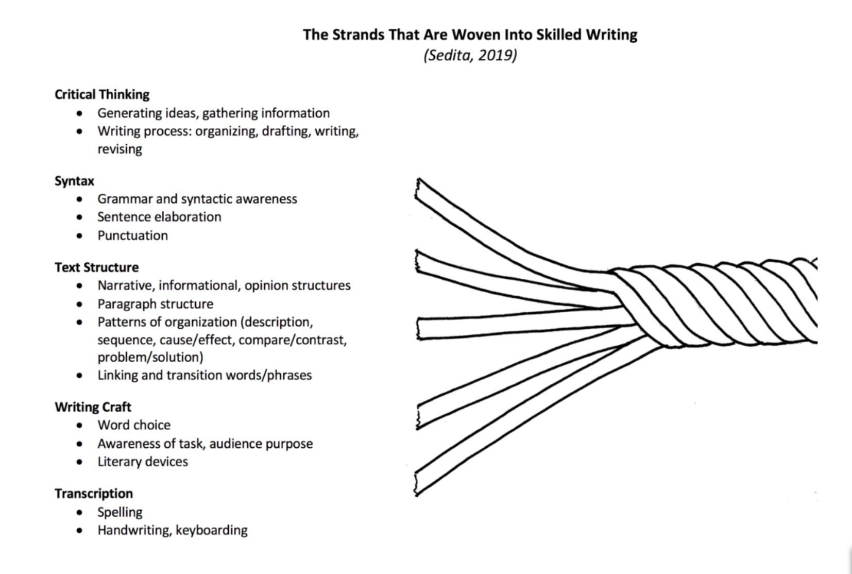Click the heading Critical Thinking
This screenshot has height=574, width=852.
102,94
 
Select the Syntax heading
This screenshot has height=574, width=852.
74,181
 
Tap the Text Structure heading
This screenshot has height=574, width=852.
96,267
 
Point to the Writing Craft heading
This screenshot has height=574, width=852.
93,407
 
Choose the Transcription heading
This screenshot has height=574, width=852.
94,493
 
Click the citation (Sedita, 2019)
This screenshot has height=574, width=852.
470,55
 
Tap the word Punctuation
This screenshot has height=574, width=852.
132,235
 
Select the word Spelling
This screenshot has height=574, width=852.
120,512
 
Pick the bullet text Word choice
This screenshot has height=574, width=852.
134,425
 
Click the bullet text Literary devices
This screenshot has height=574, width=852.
143,461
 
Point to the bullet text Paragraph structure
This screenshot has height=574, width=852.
155,303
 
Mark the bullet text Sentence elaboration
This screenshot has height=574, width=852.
159,216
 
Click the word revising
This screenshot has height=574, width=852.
120,149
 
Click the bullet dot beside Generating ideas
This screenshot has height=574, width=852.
79,113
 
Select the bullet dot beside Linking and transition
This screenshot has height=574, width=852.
79,375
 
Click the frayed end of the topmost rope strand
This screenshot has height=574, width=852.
418,189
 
